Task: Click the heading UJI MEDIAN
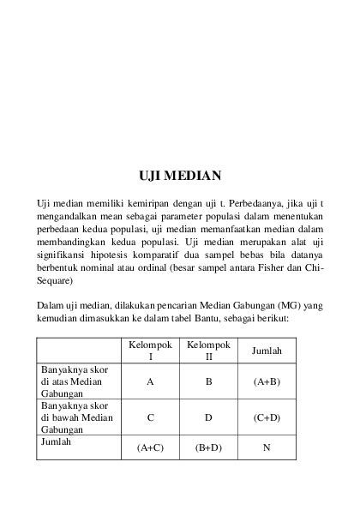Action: pos(180,177)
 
